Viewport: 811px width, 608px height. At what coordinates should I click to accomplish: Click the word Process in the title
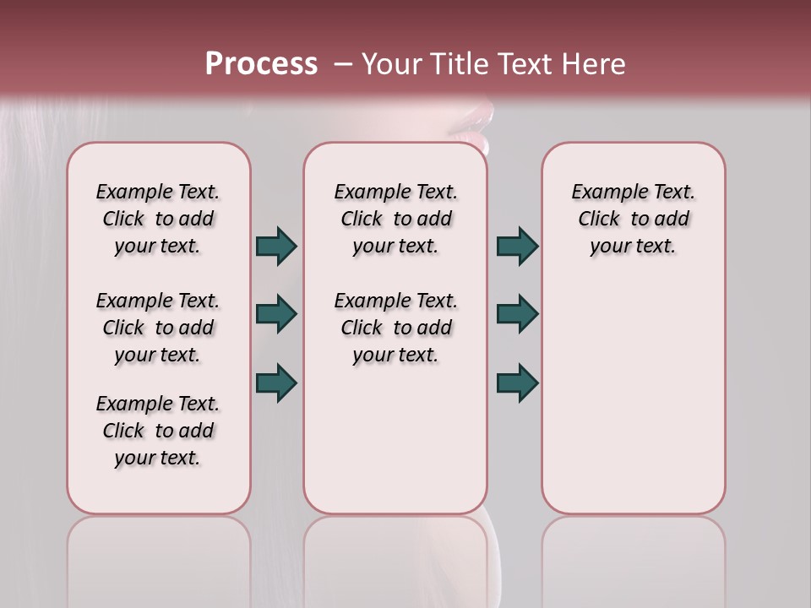(260, 64)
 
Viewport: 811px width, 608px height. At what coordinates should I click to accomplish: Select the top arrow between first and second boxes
(276, 246)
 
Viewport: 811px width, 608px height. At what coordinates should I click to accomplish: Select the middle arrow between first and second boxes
(276, 314)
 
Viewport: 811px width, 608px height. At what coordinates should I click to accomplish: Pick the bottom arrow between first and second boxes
(276, 383)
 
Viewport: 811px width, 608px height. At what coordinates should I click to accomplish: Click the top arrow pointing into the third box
(517, 246)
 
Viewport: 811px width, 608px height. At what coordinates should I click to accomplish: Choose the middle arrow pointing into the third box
(517, 314)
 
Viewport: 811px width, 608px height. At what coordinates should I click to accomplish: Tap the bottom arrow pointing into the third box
(517, 383)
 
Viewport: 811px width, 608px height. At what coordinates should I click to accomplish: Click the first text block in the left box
(158, 219)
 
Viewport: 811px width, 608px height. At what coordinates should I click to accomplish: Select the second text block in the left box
(158, 328)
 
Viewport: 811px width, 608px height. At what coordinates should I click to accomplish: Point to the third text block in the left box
(158, 431)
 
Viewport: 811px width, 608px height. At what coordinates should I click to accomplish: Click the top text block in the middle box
(395, 219)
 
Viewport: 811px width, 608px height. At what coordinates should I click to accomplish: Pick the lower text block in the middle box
(395, 328)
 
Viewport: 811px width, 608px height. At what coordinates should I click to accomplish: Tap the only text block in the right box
(633, 219)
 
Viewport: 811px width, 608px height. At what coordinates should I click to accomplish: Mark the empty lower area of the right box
(633, 397)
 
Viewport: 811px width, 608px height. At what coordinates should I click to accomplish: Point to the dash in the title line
(343, 64)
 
